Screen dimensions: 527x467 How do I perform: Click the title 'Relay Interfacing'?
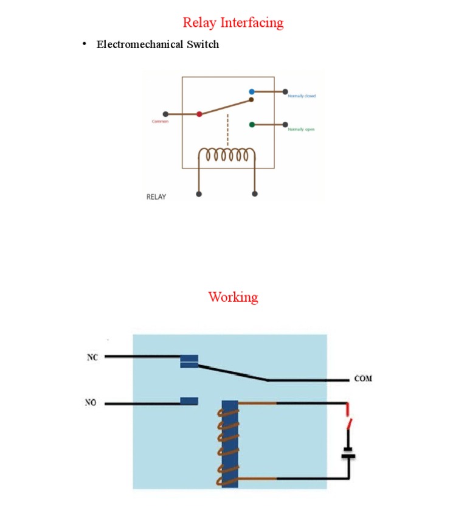233,23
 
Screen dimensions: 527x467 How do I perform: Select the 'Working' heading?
233,297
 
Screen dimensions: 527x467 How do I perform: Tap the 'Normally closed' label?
302,96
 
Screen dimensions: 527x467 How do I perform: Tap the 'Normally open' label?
301,130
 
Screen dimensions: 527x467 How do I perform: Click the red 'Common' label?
160,122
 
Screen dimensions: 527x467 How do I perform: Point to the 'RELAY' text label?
156,197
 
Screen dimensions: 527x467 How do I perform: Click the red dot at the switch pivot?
199,114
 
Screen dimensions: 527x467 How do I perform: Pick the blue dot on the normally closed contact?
252,92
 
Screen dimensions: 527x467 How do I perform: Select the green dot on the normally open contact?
252,125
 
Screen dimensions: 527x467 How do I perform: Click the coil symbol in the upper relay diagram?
227,156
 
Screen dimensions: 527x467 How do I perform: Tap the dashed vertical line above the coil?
227,129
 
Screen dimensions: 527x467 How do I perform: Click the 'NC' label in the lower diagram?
92,358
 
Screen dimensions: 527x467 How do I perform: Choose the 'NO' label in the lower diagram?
91,403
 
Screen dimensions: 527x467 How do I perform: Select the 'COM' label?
363,379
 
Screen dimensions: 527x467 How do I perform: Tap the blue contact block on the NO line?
189,401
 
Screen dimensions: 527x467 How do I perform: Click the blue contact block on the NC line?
189,361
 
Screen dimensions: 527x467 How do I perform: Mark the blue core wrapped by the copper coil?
230,444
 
